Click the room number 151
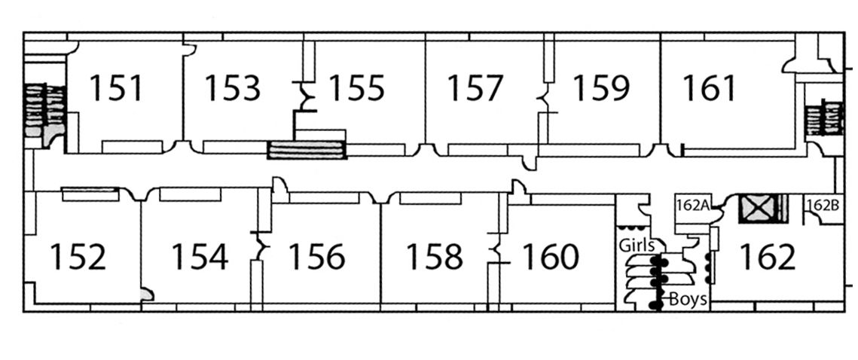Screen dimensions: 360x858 (116, 88)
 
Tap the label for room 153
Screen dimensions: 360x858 (233, 88)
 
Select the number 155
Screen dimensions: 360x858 (356, 88)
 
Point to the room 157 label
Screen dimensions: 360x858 (475, 88)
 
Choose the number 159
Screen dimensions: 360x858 (600, 88)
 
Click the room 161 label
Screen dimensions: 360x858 (709, 88)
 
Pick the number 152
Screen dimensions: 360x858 (78, 257)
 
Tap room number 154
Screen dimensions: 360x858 (199, 257)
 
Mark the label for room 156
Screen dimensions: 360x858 (316, 257)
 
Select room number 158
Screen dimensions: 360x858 (434, 257)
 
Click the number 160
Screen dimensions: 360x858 (550, 257)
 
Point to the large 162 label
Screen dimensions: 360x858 (767, 257)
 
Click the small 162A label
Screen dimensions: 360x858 (690, 205)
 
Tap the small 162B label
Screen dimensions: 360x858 (822, 204)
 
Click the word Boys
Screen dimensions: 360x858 (689, 299)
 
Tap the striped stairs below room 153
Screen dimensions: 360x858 (307, 149)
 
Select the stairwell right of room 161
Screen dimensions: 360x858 (823, 118)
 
